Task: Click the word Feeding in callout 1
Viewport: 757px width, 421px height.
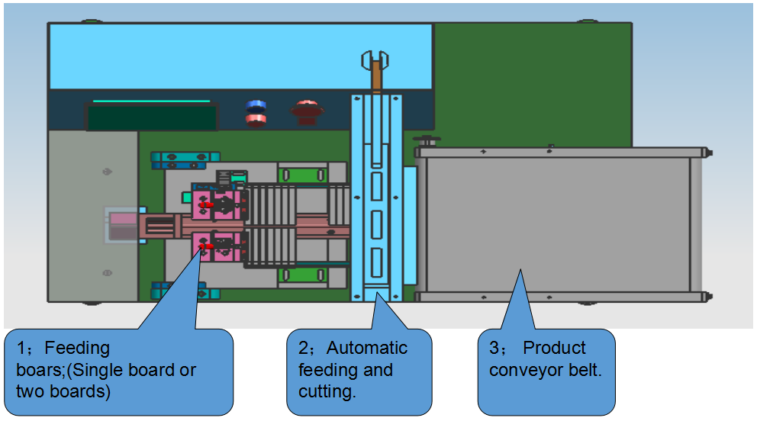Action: [x=77, y=349]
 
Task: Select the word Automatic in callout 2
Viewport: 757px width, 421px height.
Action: [x=367, y=349]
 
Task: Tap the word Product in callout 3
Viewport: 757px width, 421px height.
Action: [x=554, y=349]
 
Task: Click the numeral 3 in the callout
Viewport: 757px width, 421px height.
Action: [x=494, y=349]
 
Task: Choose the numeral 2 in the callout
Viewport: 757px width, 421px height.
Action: [x=303, y=349]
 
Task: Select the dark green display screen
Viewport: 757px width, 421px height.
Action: [x=152, y=117]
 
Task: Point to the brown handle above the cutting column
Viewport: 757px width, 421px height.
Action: [x=376, y=76]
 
